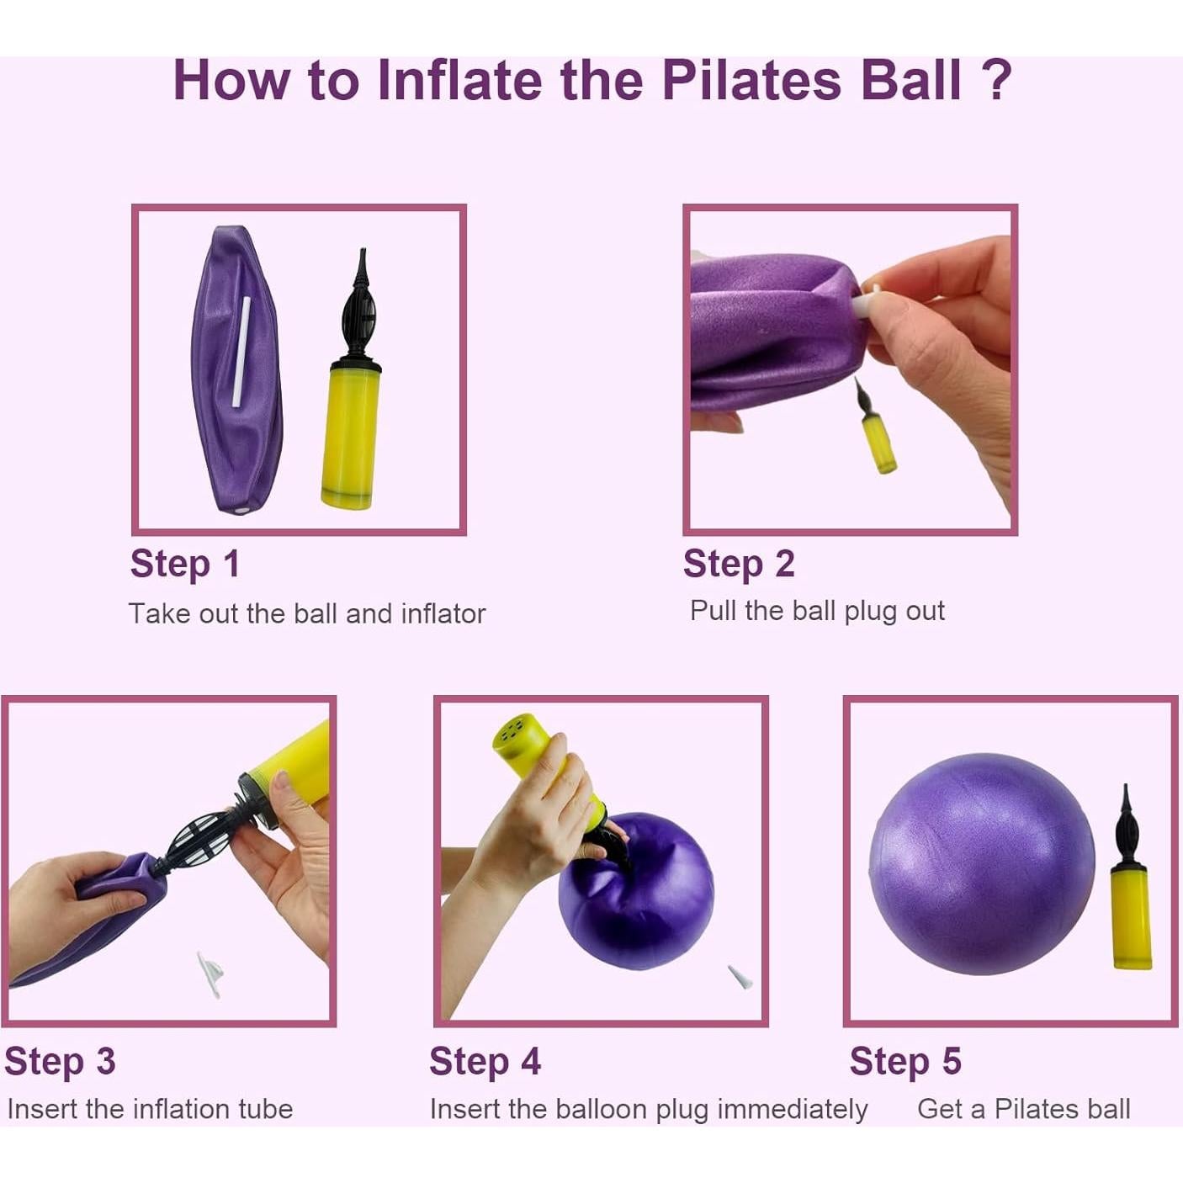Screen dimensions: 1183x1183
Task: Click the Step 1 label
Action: click(x=185, y=564)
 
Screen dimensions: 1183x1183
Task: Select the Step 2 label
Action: click(x=739, y=564)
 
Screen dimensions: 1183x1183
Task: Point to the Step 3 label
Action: click(x=60, y=1061)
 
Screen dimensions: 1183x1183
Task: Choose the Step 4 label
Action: click(x=485, y=1061)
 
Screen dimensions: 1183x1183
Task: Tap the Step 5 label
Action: click(x=904, y=1061)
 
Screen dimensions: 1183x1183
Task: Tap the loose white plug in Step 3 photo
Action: click(x=210, y=974)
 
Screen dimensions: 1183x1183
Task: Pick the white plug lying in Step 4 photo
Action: click(x=740, y=977)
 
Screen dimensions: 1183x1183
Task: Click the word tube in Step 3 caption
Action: click(x=265, y=1109)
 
